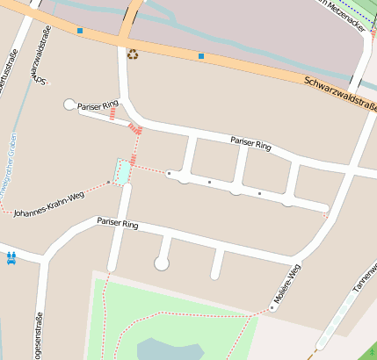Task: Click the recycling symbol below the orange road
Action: [x=133, y=54]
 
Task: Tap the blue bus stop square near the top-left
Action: [x=80, y=31]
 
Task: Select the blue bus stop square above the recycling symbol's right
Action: [x=201, y=56]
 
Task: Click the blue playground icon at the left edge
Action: [x=11, y=258]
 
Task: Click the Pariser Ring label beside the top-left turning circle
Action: [x=98, y=105]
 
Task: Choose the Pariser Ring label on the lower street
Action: [x=118, y=224]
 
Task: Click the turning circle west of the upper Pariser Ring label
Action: [x=70, y=104]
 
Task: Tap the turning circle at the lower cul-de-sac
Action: [x=162, y=263]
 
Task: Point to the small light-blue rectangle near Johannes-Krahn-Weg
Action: [x=122, y=171]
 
